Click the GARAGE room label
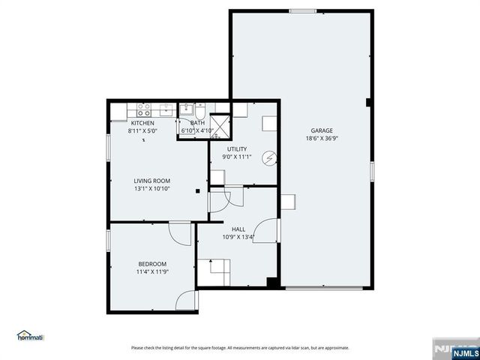point(322,130)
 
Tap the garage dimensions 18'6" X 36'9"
point(322,138)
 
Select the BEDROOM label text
point(152,264)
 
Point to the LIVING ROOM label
point(152,181)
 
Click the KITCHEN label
point(142,123)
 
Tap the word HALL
point(238,229)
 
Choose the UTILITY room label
point(237,149)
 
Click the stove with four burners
point(143,108)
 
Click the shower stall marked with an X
point(220,125)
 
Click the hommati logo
point(31,336)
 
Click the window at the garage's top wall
point(303,10)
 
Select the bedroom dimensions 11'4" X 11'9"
point(152,272)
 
